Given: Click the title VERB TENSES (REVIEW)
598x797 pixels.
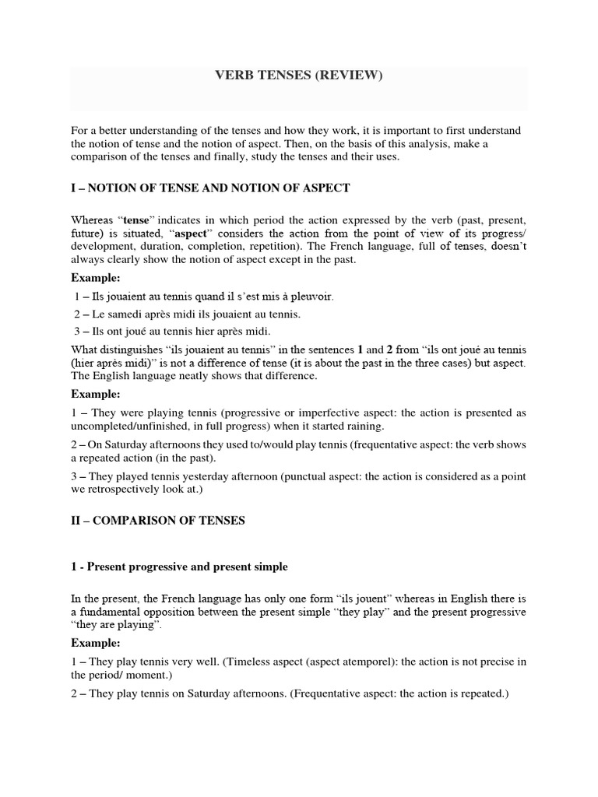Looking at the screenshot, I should pos(299,76).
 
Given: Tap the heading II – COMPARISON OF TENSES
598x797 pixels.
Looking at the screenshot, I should pos(158,521).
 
